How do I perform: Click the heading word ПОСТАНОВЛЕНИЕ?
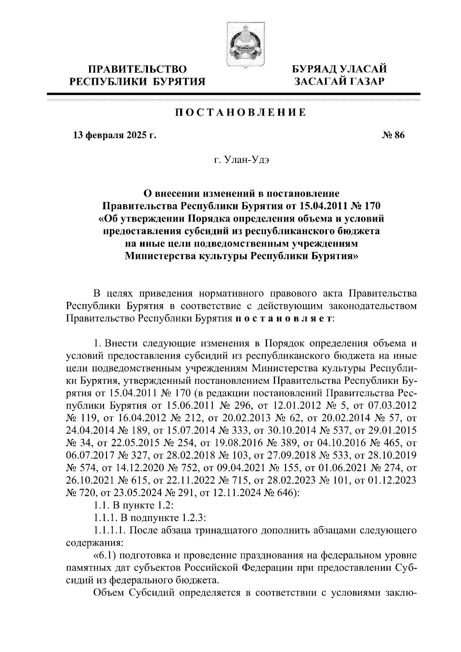click(x=241, y=113)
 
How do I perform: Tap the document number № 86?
click(x=392, y=135)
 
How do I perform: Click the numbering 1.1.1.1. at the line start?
click(x=109, y=531)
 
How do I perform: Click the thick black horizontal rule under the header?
click(x=233, y=94)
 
